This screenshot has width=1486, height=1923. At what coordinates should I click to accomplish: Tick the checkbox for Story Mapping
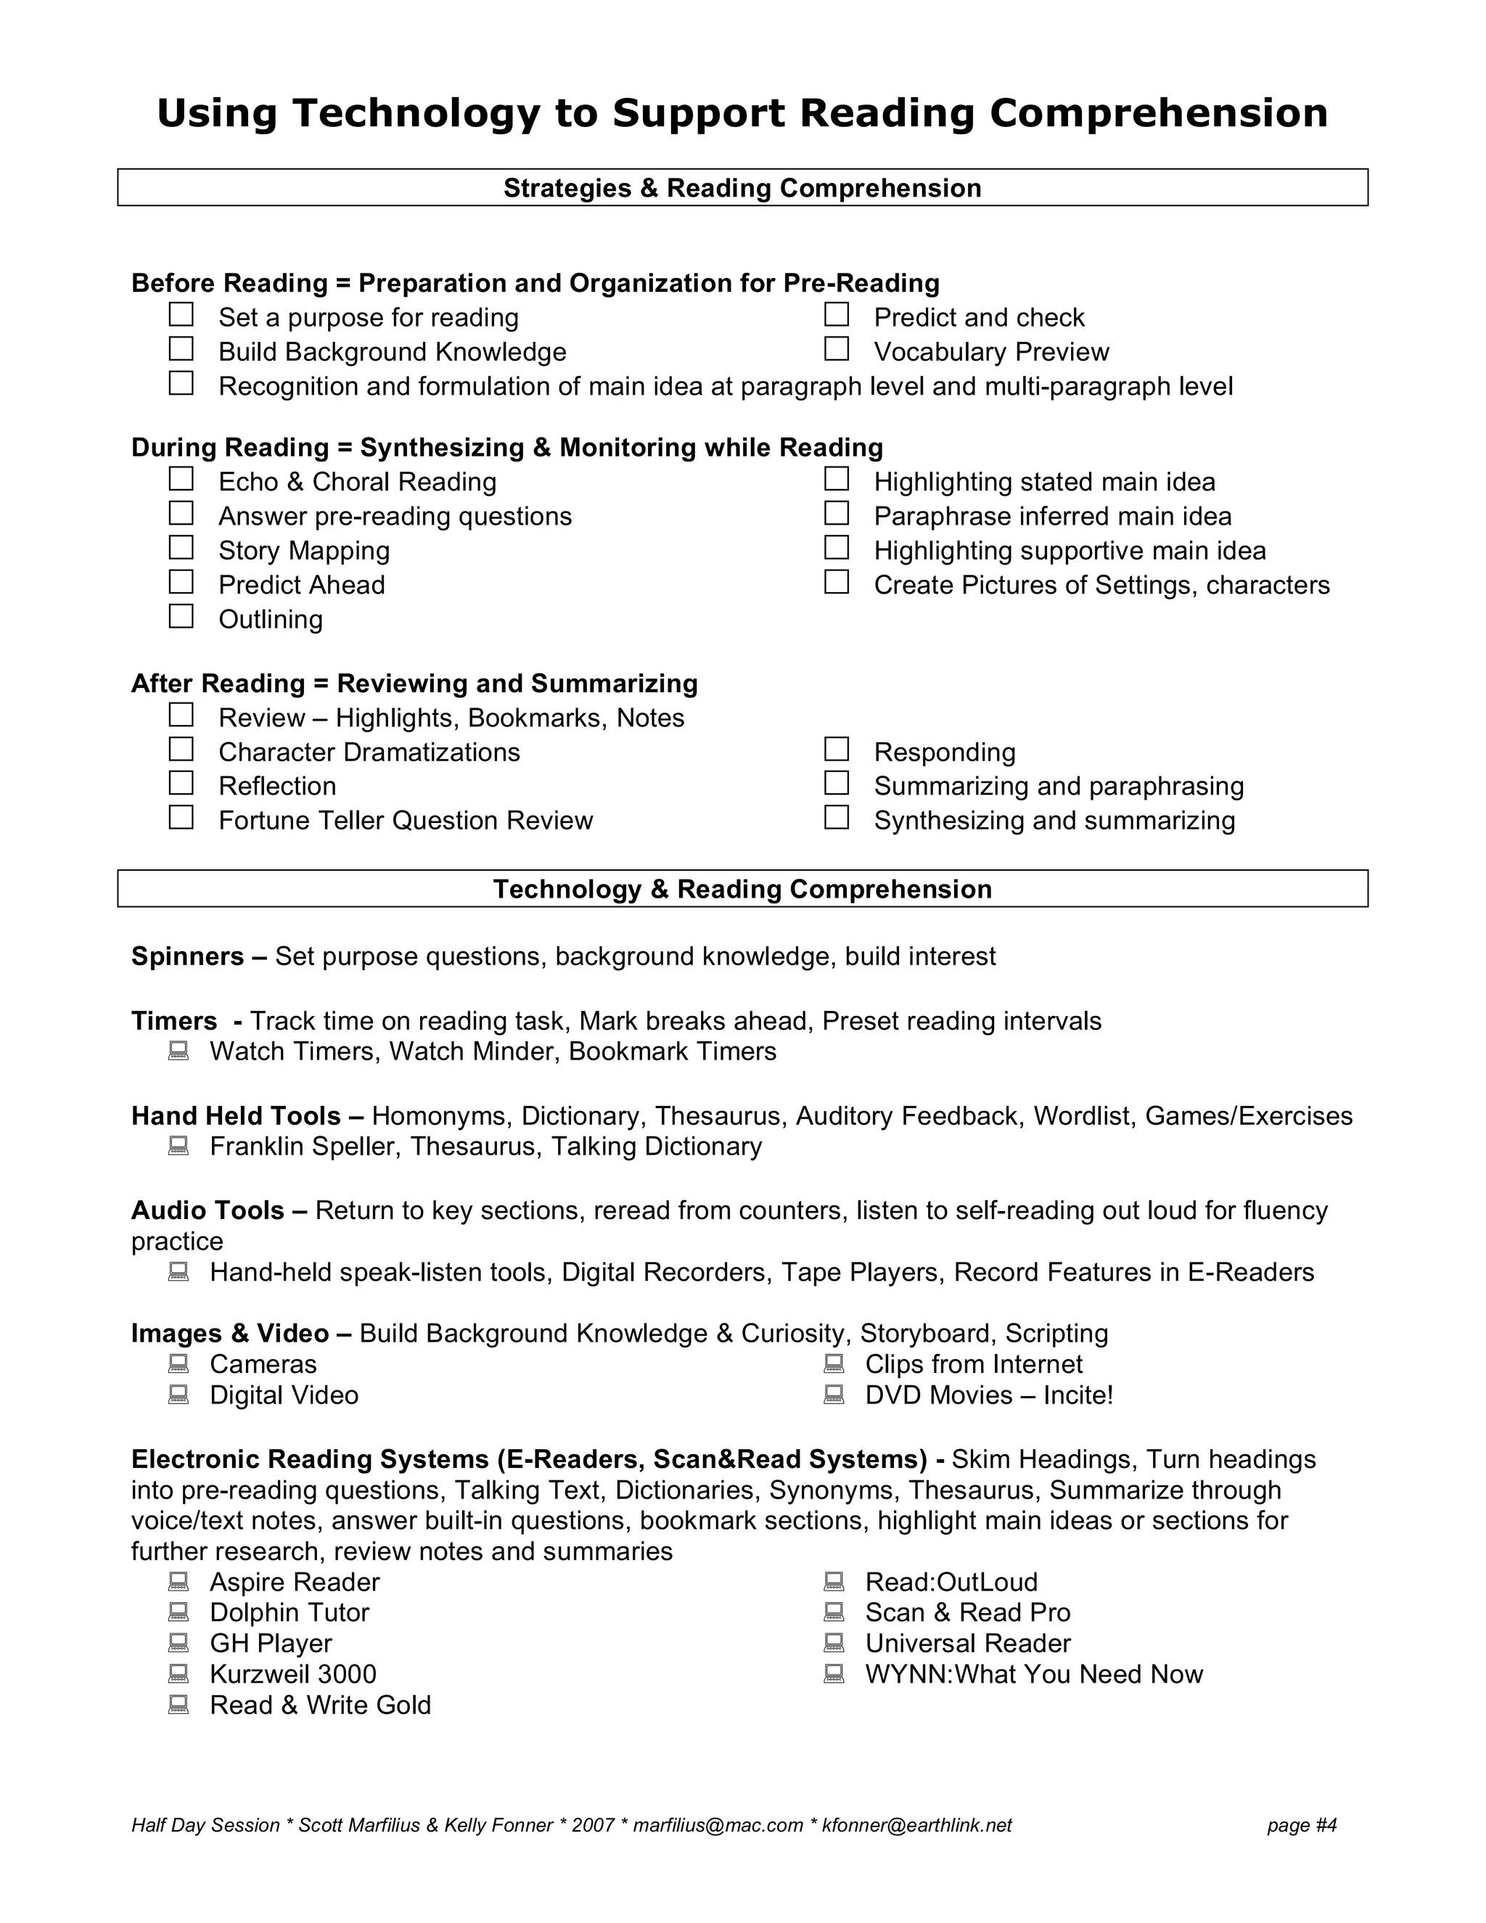(x=181, y=548)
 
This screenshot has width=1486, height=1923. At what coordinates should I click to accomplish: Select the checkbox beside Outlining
(x=181, y=616)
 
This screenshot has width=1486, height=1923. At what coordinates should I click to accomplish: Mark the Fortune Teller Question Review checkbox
(x=181, y=818)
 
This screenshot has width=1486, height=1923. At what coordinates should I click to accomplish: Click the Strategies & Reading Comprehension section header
(x=742, y=189)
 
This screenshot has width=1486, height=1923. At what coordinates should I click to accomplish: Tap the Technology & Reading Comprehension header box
(x=742, y=890)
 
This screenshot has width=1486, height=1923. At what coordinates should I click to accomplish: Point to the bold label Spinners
(x=186, y=956)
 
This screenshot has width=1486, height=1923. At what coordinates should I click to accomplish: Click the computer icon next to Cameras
(x=178, y=1363)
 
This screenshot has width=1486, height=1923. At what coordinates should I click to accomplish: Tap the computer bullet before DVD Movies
(x=834, y=1395)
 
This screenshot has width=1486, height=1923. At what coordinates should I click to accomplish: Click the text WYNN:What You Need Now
(x=1033, y=1674)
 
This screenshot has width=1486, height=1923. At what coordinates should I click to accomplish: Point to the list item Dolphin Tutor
(x=289, y=1612)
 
